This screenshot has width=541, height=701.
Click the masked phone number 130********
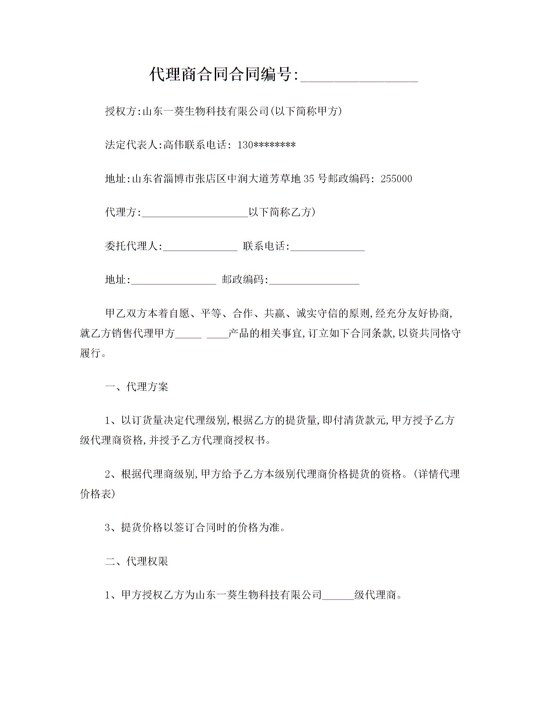click(266, 145)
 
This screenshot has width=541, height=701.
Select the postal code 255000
click(396, 179)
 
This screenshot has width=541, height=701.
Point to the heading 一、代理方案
click(137, 387)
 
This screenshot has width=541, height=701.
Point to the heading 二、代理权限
click(137, 561)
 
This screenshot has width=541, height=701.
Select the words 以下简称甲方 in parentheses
click(306, 111)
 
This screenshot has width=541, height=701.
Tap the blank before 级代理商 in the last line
click(338, 595)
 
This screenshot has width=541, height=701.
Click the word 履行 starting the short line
click(90, 353)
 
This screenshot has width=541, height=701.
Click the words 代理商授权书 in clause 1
click(234, 440)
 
